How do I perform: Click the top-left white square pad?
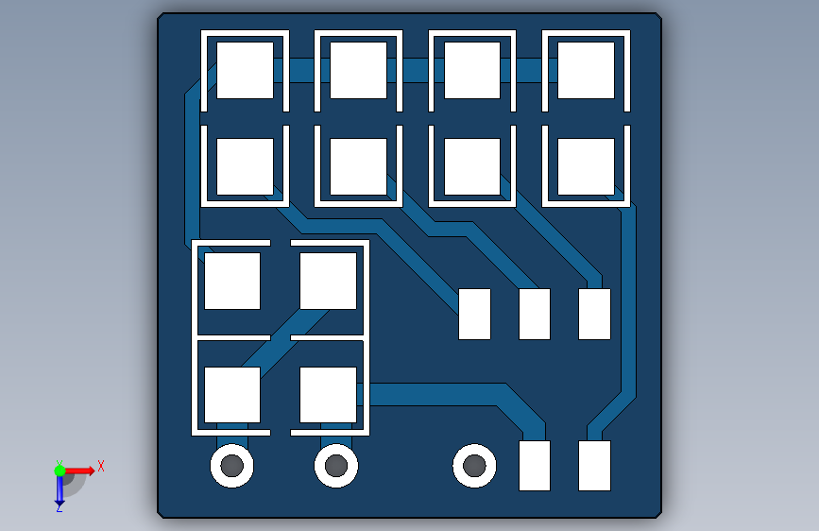coord(245,70)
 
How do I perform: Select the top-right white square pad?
coord(586,70)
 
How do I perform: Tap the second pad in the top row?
coord(358,70)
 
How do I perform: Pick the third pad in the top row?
coord(472,70)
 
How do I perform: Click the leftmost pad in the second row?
coord(245,166)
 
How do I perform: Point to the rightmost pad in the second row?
coord(586,166)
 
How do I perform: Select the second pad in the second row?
coord(358,166)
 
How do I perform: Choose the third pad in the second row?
coord(472,166)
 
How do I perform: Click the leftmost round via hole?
coord(231,466)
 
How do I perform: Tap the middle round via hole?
coord(336,466)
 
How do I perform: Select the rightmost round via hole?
coord(474,466)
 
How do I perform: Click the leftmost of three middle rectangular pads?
coord(474,314)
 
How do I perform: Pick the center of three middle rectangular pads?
coord(535,314)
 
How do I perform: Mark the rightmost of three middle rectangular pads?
coord(594,314)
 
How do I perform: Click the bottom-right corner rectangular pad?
coord(594,466)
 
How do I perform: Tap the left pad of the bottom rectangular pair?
coord(535,466)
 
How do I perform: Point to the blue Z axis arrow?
coord(60,490)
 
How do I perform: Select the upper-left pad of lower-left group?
coord(232,281)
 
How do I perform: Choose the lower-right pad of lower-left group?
coord(328,395)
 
